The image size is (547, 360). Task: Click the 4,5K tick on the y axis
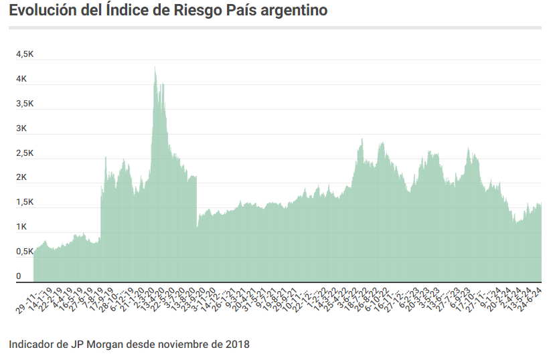(x=25, y=54)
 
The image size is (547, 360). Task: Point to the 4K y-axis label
(x=21, y=79)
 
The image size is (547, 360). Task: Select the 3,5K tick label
(x=25, y=104)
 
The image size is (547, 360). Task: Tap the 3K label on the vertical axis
(x=21, y=128)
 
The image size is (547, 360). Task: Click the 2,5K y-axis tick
(x=25, y=153)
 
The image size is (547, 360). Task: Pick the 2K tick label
(x=21, y=178)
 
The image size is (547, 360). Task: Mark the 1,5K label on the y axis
(x=25, y=202)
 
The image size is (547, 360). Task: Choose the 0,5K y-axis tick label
(x=25, y=252)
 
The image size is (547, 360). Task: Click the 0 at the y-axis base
(x=19, y=276)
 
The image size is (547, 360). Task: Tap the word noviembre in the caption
(x=179, y=345)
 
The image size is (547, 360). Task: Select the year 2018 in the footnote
(x=236, y=345)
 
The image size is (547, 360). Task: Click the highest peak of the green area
(x=155, y=67)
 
